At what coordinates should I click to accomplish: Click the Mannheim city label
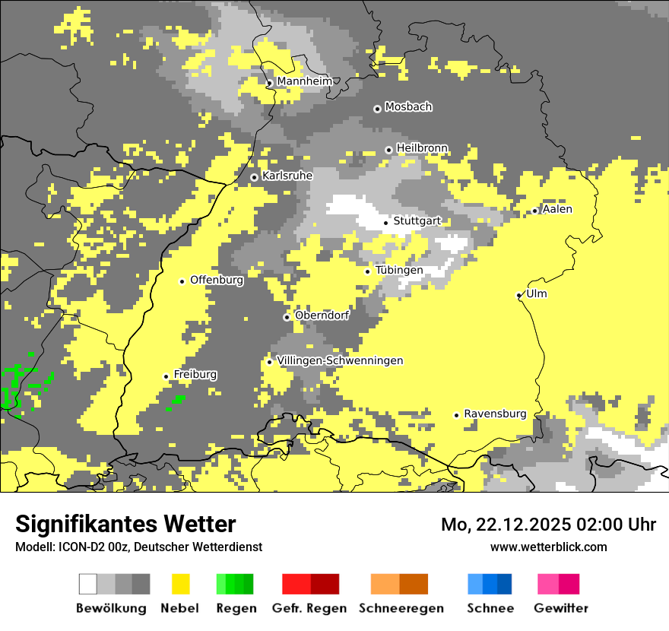(x=304, y=81)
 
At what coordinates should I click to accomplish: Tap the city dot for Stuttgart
(x=385, y=223)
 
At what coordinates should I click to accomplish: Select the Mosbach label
(x=408, y=107)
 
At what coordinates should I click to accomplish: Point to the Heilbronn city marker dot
(x=388, y=150)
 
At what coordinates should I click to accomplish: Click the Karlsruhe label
(x=287, y=176)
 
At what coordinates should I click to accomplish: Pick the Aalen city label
(x=557, y=209)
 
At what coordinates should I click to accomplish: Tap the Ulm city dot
(x=518, y=295)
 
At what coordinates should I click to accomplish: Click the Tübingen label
(x=399, y=270)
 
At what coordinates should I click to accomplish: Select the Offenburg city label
(x=217, y=280)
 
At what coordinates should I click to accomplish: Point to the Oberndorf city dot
(x=287, y=317)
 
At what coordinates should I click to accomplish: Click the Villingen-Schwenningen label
(x=340, y=360)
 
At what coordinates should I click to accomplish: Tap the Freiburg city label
(x=195, y=375)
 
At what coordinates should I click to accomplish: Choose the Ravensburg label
(x=495, y=414)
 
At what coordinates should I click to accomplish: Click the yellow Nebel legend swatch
(x=181, y=584)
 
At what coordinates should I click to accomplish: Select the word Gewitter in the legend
(x=561, y=608)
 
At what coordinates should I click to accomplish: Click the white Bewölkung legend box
(x=88, y=584)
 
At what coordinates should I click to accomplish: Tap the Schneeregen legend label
(x=401, y=608)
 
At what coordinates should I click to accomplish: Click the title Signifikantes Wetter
(x=125, y=525)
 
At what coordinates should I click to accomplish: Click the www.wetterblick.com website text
(x=548, y=547)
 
